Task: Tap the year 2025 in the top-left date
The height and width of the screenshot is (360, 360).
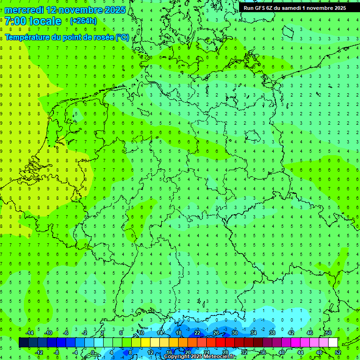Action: [x=114, y=10]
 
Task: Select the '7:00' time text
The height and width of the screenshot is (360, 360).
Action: [x=15, y=21]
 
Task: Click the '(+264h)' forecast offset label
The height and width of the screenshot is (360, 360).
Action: [x=83, y=21]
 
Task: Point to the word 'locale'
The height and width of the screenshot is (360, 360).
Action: [x=45, y=21]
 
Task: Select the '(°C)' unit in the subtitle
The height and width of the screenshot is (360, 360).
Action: [x=122, y=37]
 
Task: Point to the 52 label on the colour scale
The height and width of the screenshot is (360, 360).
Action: [x=338, y=352]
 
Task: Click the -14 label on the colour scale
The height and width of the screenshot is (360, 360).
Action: [x=29, y=333]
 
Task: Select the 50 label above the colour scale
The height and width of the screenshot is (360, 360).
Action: [x=328, y=333]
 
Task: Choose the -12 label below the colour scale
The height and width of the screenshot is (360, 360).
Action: [x=38, y=352]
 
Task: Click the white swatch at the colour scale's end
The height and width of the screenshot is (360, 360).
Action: [x=333, y=343]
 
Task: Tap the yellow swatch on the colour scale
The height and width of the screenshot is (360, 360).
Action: [x=145, y=343]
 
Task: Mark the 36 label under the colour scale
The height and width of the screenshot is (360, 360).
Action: [x=263, y=352]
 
